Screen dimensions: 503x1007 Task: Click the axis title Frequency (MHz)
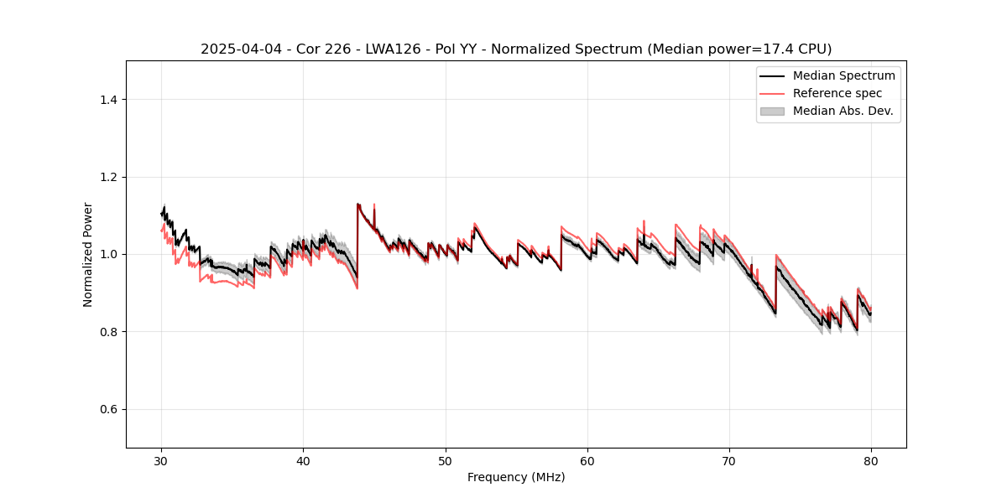tap(516, 477)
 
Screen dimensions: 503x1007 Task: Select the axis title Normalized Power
tap(88, 254)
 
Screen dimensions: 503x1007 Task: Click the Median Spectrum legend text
tap(843, 75)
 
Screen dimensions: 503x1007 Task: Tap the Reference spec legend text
tap(837, 93)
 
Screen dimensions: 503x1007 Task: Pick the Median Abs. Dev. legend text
tap(843, 111)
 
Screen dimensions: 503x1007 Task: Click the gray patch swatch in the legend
tap(772, 111)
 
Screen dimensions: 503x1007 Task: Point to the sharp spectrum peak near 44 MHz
tap(358, 204)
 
